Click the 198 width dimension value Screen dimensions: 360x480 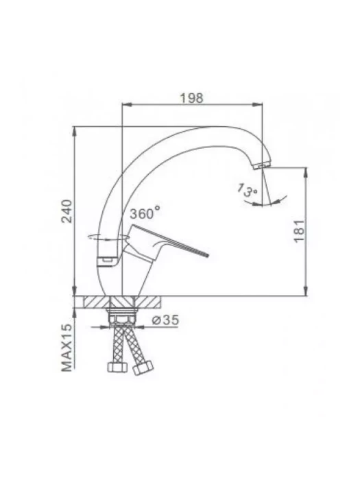pos(191,97)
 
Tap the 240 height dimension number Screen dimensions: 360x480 pos(67,211)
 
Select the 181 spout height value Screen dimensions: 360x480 pos(299,230)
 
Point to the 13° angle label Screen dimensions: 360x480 pos(248,190)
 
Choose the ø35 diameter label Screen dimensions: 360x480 pos(165,320)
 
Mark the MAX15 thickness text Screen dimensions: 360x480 pos(67,348)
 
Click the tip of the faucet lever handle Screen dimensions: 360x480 pos(208,254)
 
